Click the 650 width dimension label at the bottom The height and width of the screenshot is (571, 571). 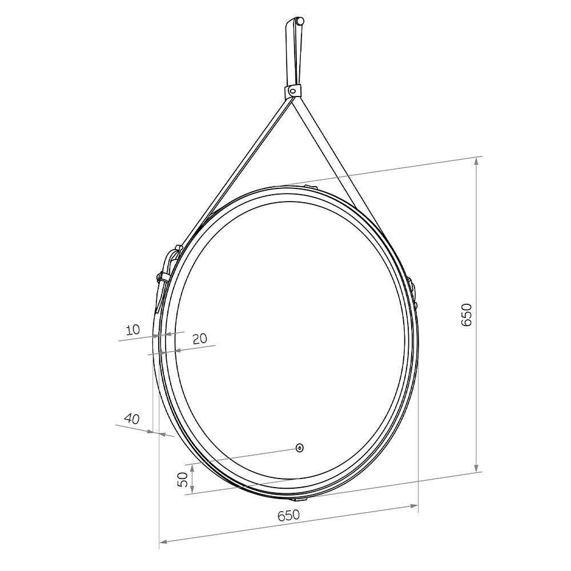tap(288, 515)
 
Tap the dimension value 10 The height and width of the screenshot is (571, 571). tap(133, 330)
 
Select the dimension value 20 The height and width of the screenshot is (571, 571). tap(199, 339)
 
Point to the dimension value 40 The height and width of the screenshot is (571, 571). tap(132, 419)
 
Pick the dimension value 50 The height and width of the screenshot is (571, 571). tap(183, 480)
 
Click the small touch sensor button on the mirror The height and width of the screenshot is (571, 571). tap(300, 448)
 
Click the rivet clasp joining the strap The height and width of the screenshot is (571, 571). tap(292, 90)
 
